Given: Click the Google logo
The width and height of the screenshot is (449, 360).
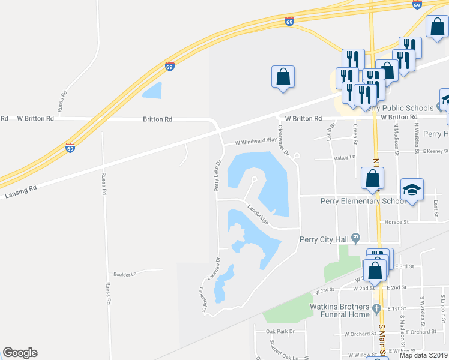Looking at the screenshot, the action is tap(20, 353).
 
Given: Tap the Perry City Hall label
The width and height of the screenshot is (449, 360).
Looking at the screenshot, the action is tap(324, 239).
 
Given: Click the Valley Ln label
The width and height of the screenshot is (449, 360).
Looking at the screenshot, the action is tap(344, 158).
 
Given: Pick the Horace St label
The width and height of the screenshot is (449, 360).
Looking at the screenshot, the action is tap(397, 222).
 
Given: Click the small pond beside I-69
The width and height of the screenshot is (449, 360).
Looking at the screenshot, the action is tap(152, 90).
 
